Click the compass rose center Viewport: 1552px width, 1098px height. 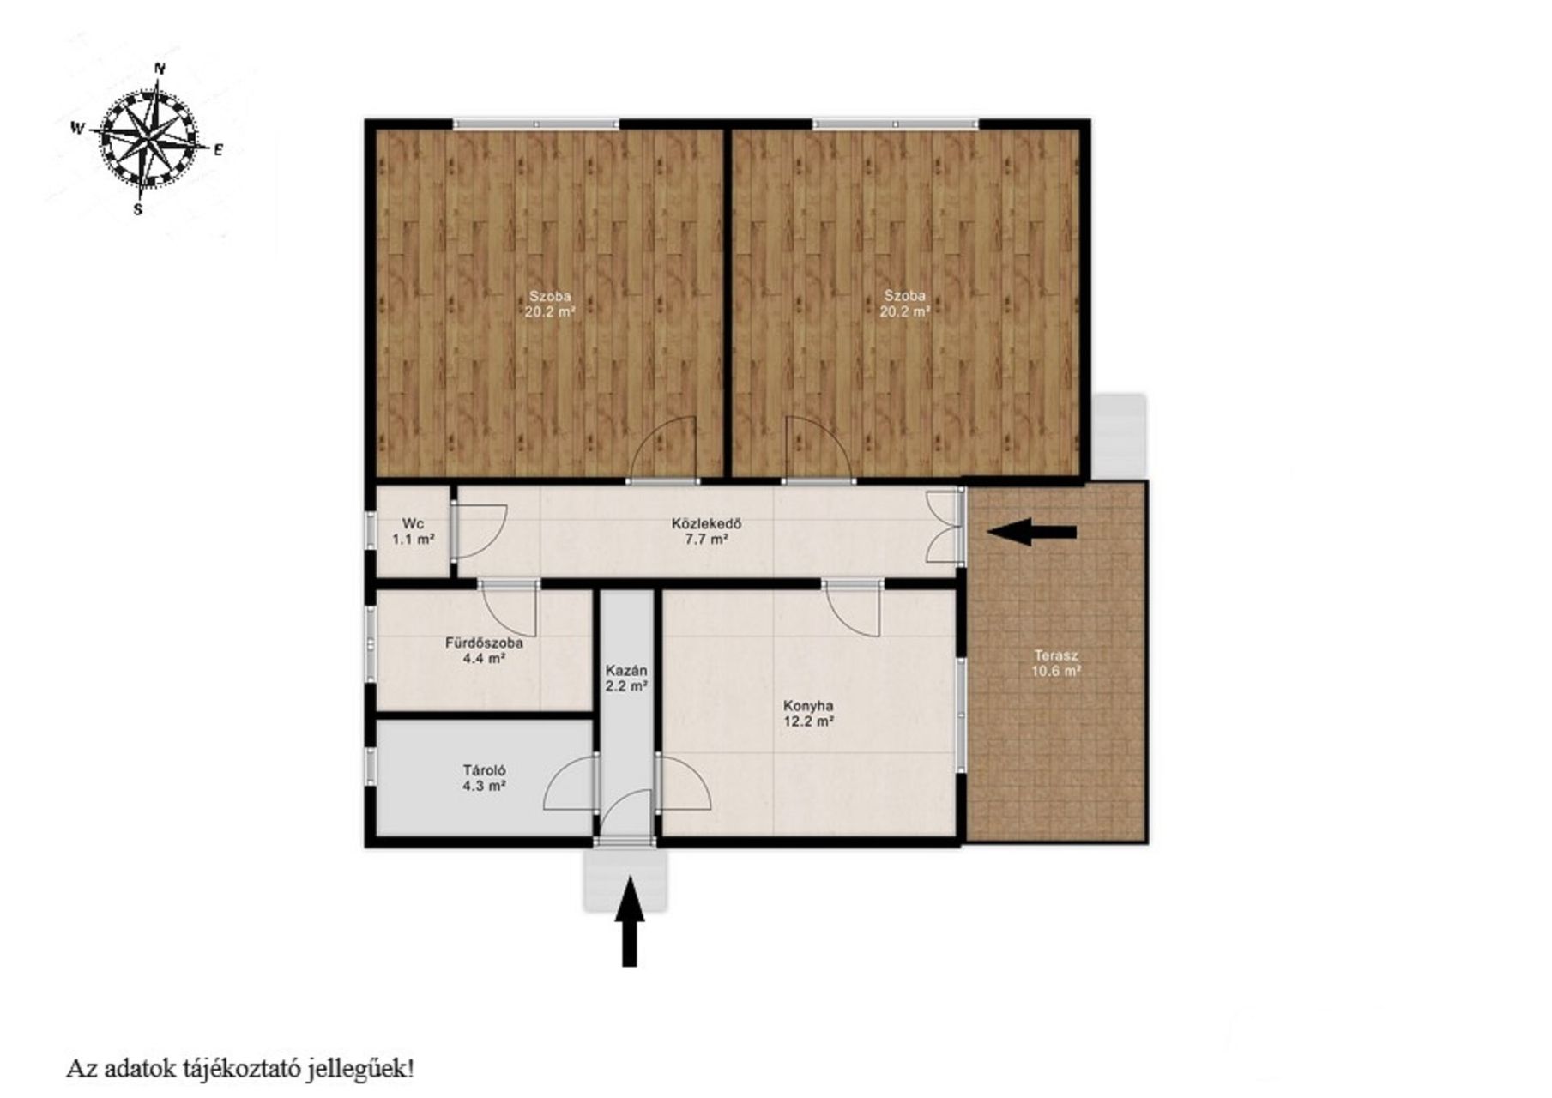click(149, 137)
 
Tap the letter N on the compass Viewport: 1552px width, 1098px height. click(159, 68)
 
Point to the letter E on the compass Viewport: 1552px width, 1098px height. click(218, 150)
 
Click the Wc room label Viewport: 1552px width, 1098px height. click(413, 531)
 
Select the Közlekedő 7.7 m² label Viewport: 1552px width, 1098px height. click(705, 531)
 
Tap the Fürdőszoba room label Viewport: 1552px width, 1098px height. click(484, 650)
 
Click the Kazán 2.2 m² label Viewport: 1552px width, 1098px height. click(626, 678)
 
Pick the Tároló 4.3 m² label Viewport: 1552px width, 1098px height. click(484, 777)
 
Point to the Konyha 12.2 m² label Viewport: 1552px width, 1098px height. click(808, 714)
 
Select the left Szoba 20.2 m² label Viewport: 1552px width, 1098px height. click(549, 304)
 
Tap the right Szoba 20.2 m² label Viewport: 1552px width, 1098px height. click(904, 304)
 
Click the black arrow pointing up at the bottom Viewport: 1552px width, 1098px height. click(630, 921)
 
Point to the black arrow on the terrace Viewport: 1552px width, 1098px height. click(1031, 532)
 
